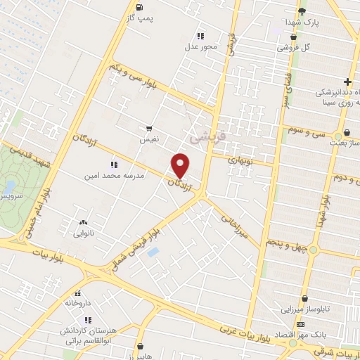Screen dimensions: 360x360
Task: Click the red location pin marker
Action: pos(181,165)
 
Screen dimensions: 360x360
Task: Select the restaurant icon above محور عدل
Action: pos(200,35)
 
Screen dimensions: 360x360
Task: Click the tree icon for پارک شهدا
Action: pos(302,11)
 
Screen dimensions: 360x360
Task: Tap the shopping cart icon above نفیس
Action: pos(149,128)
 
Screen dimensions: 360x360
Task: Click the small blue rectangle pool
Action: pos(153,252)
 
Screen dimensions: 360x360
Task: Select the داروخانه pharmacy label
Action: pos(79,303)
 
